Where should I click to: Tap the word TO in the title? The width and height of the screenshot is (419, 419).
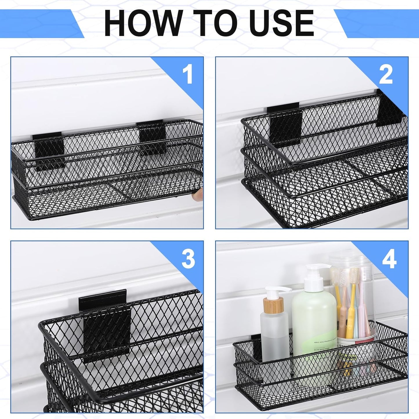click(x=211, y=23)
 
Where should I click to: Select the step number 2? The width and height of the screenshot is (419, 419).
click(x=386, y=74)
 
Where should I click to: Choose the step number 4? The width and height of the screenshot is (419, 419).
click(x=389, y=259)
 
